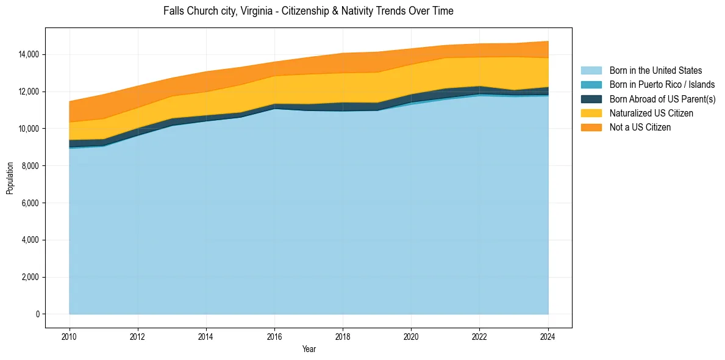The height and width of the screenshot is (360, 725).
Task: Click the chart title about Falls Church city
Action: click(308, 12)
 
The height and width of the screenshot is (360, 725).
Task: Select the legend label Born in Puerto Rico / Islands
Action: click(662, 85)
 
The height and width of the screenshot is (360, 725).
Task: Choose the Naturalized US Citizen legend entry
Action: click(651, 113)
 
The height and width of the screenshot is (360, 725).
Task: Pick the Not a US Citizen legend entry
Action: click(640, 128)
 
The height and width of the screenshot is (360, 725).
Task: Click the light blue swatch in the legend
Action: click(591, 71)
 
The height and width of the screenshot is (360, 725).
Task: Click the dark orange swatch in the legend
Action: click(591, 128)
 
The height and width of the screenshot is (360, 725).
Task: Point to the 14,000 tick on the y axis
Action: click(29, 54)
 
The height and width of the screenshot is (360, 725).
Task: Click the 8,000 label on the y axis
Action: click(31, 166)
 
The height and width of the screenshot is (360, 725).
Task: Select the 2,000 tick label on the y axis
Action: click(31, 278)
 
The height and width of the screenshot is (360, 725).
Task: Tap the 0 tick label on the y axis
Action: click(38, 314)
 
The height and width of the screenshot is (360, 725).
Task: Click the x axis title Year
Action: click(309, 349)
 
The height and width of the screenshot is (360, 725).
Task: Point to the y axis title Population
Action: click(10, 178)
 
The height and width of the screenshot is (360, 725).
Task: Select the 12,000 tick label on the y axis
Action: click(29, 92)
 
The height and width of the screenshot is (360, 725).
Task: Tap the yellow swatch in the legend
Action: click(591, 113)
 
